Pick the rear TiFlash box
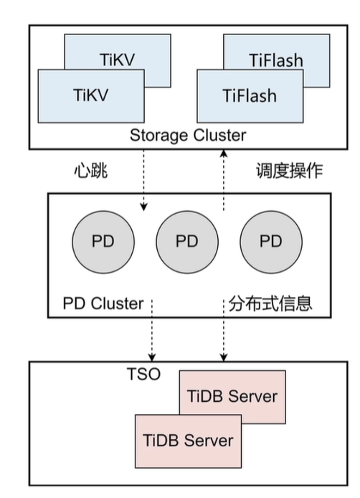point(283,53)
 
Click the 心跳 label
point(90,171)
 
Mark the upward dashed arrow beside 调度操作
point(224,180)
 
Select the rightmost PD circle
point(270,240)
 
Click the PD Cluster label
point(103,303)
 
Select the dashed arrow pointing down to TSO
point(152,337)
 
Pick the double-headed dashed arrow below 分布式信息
point(224,337)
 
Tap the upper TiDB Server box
point(232,396)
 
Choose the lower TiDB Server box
point(189,439)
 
